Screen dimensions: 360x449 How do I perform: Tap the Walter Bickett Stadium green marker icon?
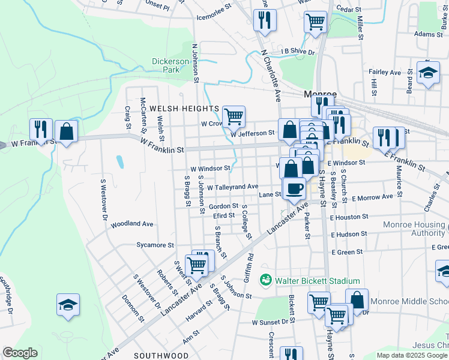[265, 280]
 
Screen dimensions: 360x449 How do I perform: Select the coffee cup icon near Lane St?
[294, 188]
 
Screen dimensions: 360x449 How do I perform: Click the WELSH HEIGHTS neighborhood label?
[184, 108]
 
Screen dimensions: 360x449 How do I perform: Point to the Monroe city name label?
[321, 95]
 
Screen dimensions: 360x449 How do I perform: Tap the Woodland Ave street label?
[132, 224]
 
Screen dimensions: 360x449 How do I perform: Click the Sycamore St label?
[155, 245]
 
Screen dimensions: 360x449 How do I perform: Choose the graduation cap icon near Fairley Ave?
[428, 73]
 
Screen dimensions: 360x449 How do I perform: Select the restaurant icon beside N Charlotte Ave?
[264, 21]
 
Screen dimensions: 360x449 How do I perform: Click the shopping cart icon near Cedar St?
[315, 23]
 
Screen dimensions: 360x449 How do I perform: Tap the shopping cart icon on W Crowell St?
[234, 116]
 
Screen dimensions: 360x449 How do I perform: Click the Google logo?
[20, 353]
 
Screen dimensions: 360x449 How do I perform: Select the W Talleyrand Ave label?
[232, 187]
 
